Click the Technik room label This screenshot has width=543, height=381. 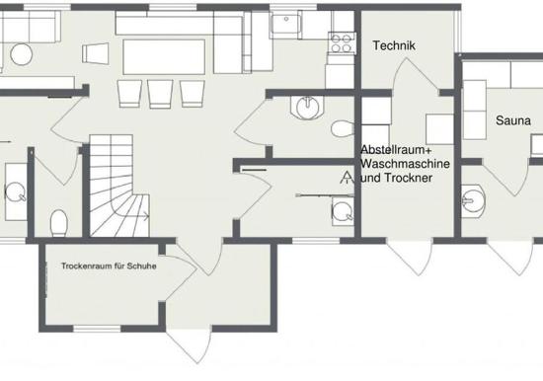pyautogui.click(x=394, y=45)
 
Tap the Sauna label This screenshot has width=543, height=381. pyautogui.click(x=512, y=120)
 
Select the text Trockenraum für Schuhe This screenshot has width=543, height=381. pyautogui.click(x=109, y=266)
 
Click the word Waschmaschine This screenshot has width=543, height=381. pyautogui.click(x=405, y=164)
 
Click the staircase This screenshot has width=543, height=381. pyautogui.click(x=119, y=186)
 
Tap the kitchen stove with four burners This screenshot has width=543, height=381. pyautogui.click(x=342, y=43)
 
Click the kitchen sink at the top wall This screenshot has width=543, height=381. pyautogui.click(x=285, y=25)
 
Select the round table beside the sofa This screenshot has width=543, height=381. pyautogui.click(x=22, y=54)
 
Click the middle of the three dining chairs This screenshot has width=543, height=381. pyautogui.click(x=160, y=94)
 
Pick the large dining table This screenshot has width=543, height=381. pyautogui.click(x=164, y=57)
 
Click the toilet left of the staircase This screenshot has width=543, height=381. pyautogui.click(x=59, y=223)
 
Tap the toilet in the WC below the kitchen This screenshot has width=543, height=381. pyautogui.click(x=343, y=128)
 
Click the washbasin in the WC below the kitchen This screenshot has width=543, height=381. pyautogui.click(x=307, y=107)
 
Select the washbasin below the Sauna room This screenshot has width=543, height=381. pyautogui.click(x=473, y=201)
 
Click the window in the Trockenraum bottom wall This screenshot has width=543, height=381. pyautogui.click(x=98, y=329)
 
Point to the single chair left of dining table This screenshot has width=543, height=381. pyautogui.click(x=95, y=53)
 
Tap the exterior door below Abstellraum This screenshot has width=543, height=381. pyautogui.click(x=410, y=257)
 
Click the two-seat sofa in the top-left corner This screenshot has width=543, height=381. pyautogui.click(x=30, y=27)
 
